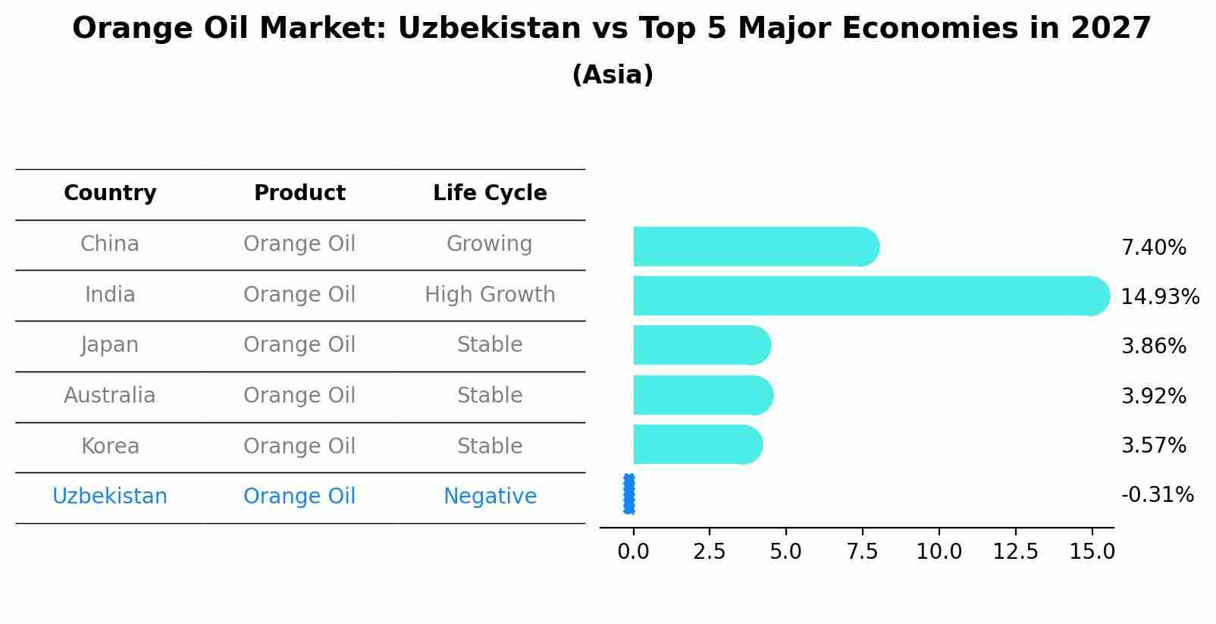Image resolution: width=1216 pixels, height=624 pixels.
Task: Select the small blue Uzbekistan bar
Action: click(629, 494)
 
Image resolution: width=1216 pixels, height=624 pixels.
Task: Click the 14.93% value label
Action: click(1160, 296)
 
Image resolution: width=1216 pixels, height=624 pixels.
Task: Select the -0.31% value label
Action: click(1157, 495)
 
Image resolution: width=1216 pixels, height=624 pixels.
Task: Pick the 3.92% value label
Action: click(1153, 396)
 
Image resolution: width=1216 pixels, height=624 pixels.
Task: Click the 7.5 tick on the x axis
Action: click(862, 552)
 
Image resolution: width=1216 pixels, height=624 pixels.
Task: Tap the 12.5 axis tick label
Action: click(1015, 552)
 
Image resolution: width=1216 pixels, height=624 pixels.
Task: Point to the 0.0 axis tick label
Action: click(633, 552)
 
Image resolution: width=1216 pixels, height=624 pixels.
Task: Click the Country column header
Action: click(110, 193)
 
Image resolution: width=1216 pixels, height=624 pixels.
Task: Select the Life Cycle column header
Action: click(490, 193)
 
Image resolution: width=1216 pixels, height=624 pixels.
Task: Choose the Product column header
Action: click(299, 193)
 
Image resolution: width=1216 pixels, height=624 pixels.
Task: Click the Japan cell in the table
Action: click(110, 345)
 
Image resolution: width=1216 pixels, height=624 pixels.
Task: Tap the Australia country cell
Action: click(110, 396)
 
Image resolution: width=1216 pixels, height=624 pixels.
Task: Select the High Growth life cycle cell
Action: click(490, 295)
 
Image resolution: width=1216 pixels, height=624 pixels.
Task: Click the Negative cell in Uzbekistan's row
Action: click(490, 497)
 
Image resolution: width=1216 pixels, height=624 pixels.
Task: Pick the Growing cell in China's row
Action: click(489, 244)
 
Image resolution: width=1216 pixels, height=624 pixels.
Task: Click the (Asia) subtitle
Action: click(613, 75)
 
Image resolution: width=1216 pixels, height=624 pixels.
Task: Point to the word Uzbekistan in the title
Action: click(489, 29)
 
